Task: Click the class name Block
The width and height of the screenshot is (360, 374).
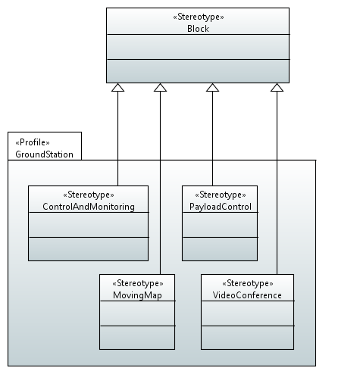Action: pos(198,29)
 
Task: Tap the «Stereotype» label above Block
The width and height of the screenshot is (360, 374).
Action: pos(199,17)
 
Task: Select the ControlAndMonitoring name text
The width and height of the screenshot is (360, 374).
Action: pos(89,207)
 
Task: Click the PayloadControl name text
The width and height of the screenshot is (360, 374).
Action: pos(221,207)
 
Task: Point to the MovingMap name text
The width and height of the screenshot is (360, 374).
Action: pos(137,295)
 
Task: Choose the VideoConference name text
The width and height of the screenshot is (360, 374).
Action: pos(247,295)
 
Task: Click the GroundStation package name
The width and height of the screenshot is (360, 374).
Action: pos(44,154)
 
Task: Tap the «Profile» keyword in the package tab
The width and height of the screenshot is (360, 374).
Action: pos(33,142)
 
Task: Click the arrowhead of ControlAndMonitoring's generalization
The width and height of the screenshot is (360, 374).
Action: pos(117,87)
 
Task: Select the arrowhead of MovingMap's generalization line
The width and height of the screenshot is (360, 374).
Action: pos(160,87)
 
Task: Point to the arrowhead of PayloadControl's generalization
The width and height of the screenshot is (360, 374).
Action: pos(212,87)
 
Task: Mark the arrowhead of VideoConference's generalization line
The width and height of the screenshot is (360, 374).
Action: pos(277,87)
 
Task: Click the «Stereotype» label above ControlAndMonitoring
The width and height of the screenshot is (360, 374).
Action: pos(89,195)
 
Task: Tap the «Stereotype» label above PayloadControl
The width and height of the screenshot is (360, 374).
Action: pos(221,195)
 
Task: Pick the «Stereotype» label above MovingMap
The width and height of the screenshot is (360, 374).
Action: pos(138,283)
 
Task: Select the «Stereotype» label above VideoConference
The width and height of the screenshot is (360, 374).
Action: pos(248,283)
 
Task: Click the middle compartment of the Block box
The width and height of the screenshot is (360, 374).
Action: pos(198,47)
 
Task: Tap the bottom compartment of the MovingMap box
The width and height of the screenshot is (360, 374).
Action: pos(137,338)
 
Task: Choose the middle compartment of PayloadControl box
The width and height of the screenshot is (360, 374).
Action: pos(220,225)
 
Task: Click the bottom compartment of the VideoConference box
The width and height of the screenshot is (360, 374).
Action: pos(247,338)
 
